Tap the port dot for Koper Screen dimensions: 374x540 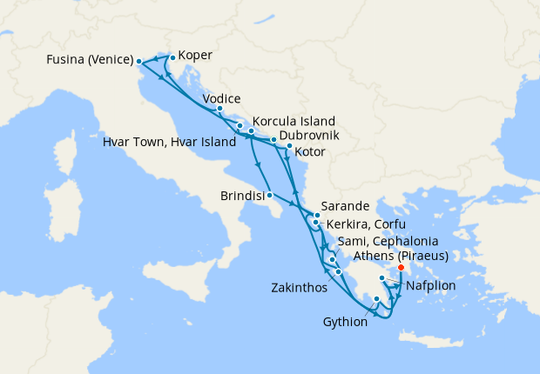coord(172,58)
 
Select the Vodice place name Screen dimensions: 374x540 coord(221,99)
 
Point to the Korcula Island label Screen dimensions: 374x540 coord(294,122)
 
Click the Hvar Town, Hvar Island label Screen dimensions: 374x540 coord(169,142)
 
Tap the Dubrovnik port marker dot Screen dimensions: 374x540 coord(273,139)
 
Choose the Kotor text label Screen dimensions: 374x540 coord(310,152)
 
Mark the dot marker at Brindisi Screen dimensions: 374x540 coord(270,195)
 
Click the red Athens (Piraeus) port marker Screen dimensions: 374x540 coord(401,267)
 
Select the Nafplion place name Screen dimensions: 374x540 coord(432,284)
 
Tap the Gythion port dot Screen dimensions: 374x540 coord(376,300)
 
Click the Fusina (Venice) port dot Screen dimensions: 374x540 coord(139,61)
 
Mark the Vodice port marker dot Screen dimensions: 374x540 coord(219,110)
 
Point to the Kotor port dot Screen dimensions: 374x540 coord(289,145)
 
